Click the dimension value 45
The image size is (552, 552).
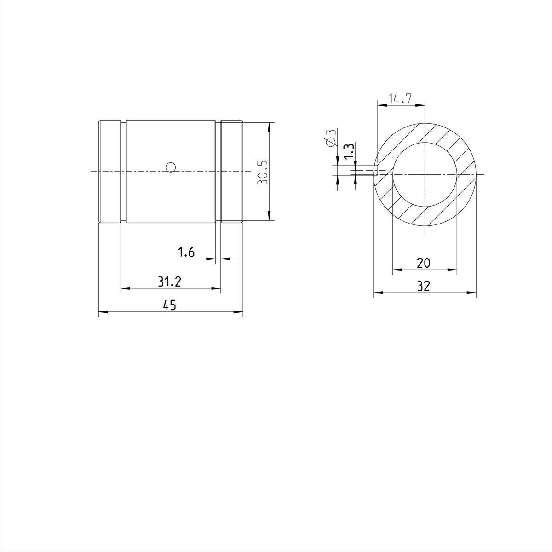[x=170, y=305]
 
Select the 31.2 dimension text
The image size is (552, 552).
[x=170, y=282]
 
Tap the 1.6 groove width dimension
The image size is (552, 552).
[x=186, y=252]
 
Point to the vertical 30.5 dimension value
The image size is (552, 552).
[x=262, y=172]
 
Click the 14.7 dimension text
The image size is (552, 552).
[x=400, y=98]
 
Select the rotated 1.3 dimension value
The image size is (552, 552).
[x=349, y=152]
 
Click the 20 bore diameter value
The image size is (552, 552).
[x=423, y=263]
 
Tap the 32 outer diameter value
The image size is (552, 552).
[x=423, y=286]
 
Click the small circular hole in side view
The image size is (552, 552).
[x=171, y=167]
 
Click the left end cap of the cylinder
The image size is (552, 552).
[x=109, y=172]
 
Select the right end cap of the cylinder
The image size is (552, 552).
[x=232, y=172]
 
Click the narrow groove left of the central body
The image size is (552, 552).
[x=123, y=172]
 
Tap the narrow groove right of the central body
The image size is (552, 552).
[x=218, y=172]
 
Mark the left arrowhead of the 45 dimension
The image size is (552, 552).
[x=103, y=312]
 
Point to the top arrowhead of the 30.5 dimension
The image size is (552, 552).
[x=269, y=126]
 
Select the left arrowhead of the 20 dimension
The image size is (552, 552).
[x=396, y=270]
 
